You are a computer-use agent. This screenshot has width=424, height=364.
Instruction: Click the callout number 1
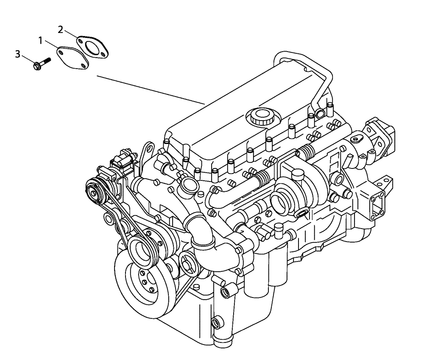[41, 41]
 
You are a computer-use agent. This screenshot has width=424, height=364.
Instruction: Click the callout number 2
[61, 29]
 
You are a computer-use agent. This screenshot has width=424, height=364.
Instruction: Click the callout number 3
[17, 54]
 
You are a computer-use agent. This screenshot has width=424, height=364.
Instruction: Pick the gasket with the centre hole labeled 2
[93, 46]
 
